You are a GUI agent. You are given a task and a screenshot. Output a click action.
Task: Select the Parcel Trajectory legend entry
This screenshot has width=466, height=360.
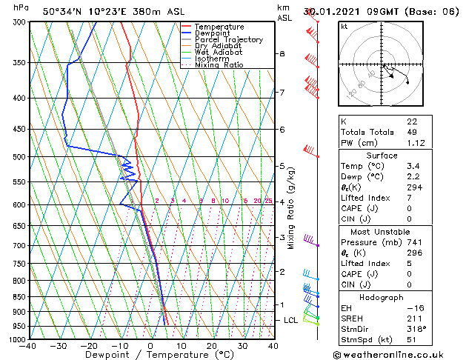pyautogui.click(x=228, y=40)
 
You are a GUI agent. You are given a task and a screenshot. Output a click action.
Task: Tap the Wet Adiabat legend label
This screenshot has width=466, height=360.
pyautogui.click(x=218, y=53)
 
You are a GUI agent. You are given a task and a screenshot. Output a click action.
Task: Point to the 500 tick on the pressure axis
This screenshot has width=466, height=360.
pyautogui.click(x=19, y=157)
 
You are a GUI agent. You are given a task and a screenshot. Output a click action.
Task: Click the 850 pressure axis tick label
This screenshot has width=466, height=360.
pyautogui.click(x=19, y=297)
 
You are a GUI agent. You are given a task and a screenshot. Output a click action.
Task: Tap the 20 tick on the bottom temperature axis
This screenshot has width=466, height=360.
pyautogui.click(x=212, y=346)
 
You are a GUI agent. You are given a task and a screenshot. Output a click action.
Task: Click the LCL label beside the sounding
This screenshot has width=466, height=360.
pyautogui.click(x=291, y=320)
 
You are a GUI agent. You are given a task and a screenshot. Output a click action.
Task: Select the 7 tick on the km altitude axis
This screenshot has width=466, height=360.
pyautogui.click(x=282, y=93)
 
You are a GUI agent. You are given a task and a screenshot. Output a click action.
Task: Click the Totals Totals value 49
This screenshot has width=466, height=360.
pyautogui.click(x=411, y=132)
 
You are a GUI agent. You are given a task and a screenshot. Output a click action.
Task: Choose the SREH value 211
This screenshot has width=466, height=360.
pyautogui.click(x=413, y=318)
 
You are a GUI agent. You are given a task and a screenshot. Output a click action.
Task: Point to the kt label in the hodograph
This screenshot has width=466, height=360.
pyautogui.click(x=344, y=27)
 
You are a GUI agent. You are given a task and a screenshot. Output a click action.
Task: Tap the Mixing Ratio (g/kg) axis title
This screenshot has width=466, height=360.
pyautogui.click(x=291, y=208)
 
